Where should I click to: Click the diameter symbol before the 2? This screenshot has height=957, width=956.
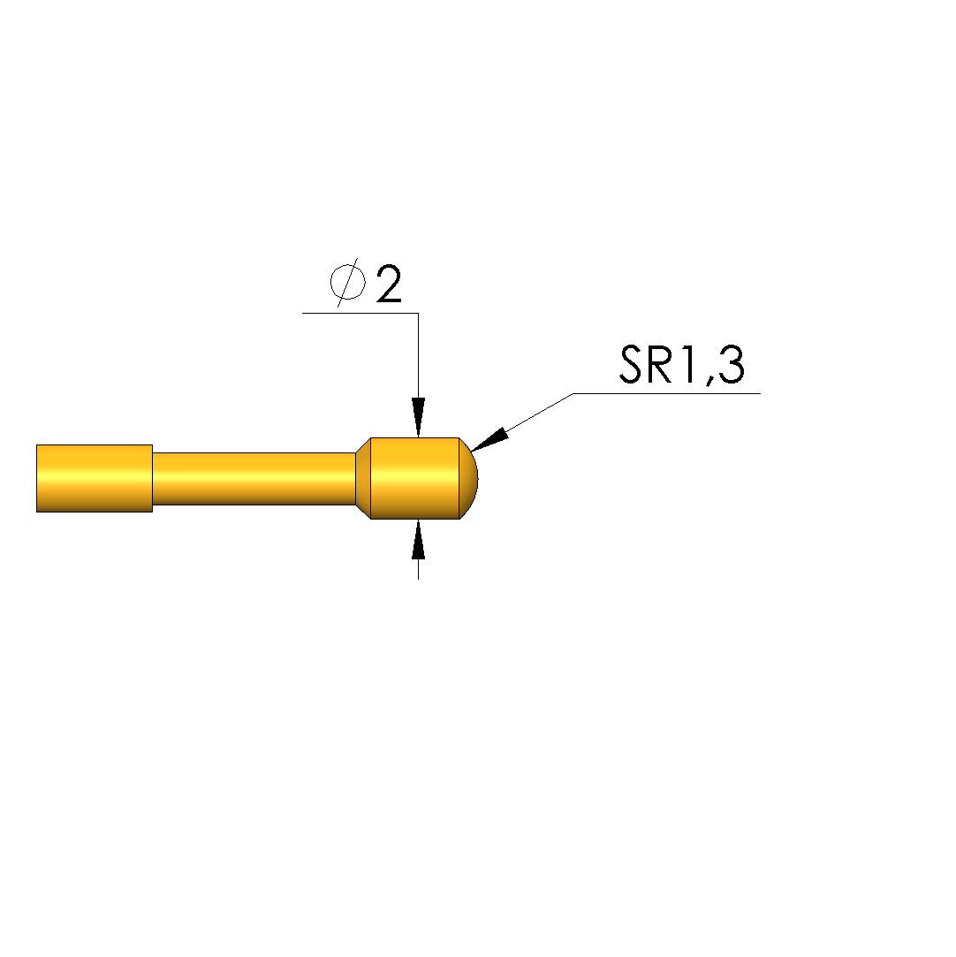tap(347, 282)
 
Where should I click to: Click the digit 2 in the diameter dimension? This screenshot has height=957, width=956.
tap(389, 284)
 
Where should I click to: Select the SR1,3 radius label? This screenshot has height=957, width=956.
tap(681, 365)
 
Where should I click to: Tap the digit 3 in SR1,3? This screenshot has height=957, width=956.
tap(731, 364)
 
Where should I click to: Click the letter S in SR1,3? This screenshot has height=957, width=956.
tap(632, 364)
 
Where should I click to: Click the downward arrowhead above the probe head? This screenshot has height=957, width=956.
tap(418, 417)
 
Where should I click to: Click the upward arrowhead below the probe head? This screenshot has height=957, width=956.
tap(418, 539)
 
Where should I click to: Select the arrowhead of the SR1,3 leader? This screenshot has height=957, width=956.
tap(489, 439)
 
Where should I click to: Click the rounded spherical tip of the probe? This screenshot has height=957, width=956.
tap(468, 479)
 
